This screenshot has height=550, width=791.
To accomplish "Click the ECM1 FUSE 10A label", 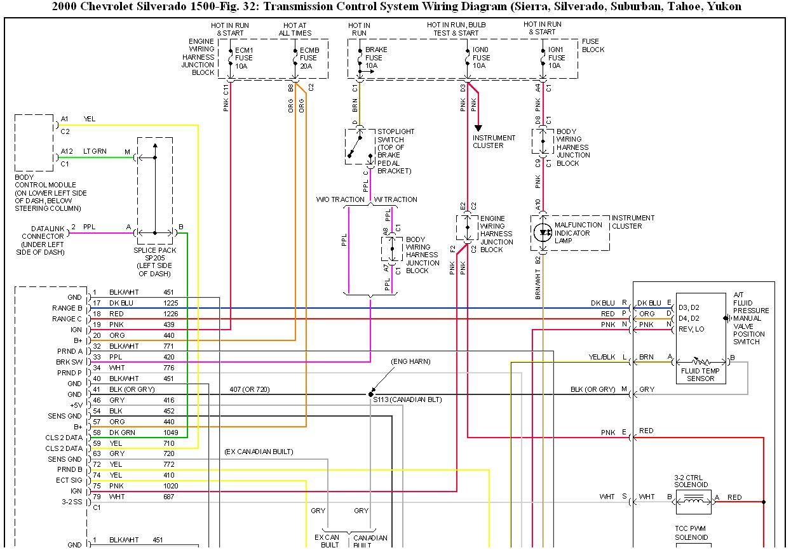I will (x=244, y=58).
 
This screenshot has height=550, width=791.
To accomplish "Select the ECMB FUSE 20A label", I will (x=309, y=58).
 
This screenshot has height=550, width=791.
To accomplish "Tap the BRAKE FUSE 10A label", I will (x=375, y=58).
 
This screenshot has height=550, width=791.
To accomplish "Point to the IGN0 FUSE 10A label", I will (x=482, y=58).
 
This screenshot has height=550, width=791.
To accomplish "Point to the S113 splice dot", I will (x=371, y=394).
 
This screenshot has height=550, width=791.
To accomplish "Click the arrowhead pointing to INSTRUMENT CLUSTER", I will (x=478, y=128).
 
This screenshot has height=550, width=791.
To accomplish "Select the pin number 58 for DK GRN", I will (x=97, y=433).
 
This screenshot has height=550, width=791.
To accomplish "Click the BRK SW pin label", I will (x=69, y=362).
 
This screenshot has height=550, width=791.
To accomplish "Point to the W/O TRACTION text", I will (x=340, y=199).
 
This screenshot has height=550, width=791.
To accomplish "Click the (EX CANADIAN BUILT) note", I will (x=259, y=452).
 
